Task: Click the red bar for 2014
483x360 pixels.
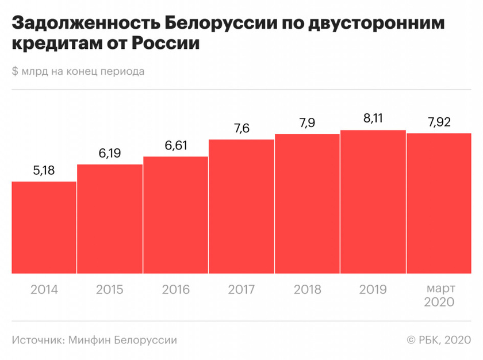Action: click(44, 227)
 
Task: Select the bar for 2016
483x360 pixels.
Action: click(175, 215)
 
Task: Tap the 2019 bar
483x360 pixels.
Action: click(373, 201)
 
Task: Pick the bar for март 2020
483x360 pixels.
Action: click(439, 203)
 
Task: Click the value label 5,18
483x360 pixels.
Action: click(44, 171)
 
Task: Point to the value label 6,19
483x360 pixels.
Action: click(110, 154)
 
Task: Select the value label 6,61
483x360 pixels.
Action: click(176, 145)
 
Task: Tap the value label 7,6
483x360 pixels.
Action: click(241, 129)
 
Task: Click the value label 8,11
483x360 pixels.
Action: click(373, 119)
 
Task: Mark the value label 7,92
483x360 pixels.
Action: click(439, 122)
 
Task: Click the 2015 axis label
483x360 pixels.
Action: click(110, 289)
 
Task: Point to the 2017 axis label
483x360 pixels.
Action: click(241, 289)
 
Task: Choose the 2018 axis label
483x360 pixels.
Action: click(308, 289)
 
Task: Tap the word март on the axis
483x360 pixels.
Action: click(439, 288)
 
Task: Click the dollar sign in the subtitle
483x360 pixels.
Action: click(14, 72)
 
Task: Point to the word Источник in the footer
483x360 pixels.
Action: click(36, 340)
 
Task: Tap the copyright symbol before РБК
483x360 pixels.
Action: click(411, 340)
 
